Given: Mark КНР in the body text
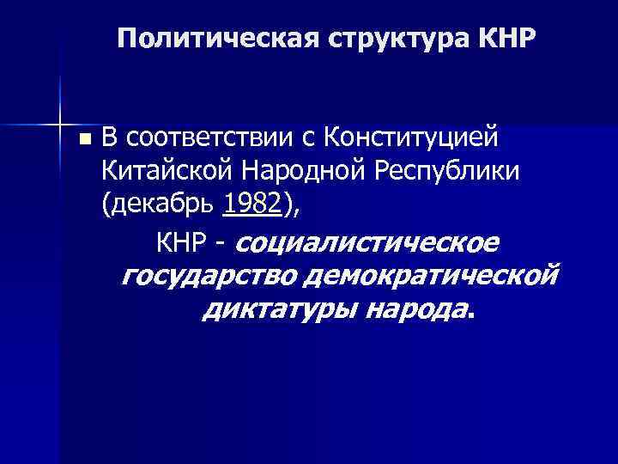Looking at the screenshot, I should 181,243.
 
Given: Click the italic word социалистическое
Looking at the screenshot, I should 367,243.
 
